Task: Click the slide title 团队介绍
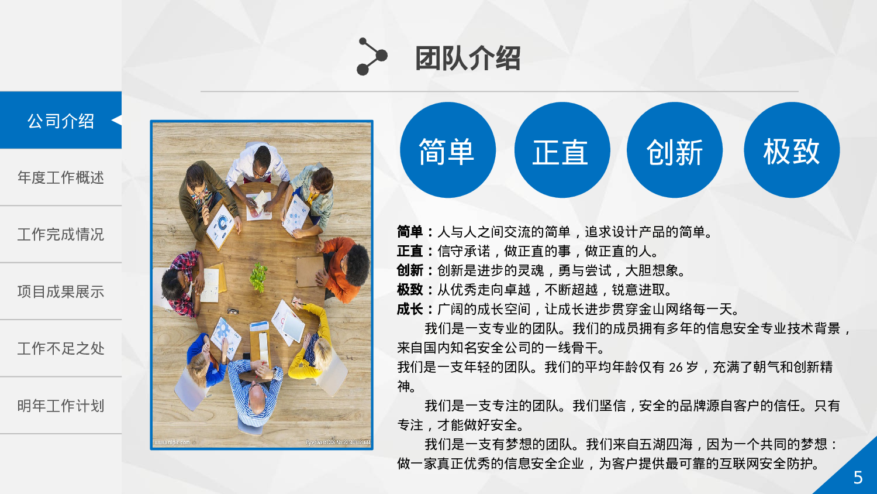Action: click(467, 59)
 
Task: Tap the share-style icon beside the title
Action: click(372, 57)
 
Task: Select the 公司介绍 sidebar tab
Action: click(61, 121)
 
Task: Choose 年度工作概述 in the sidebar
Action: click(61, 177)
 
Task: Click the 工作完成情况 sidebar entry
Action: click(61, 234)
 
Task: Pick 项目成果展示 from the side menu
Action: click(61, 291)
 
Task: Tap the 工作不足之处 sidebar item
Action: click(61, 348)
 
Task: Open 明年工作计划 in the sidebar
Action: click(61, 406)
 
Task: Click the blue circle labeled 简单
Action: click(447, 150)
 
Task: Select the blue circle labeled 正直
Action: click(562, 150)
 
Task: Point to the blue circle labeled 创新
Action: click(675, 150)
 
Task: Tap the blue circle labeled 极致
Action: click(792, 150)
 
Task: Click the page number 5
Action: click(858, 478)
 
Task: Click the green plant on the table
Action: click(258, 276)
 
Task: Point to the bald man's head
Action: click(256, 396)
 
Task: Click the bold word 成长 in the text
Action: click(410, 309)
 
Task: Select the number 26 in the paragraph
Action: click(675, 368)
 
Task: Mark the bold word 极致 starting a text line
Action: click(410, 290)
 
